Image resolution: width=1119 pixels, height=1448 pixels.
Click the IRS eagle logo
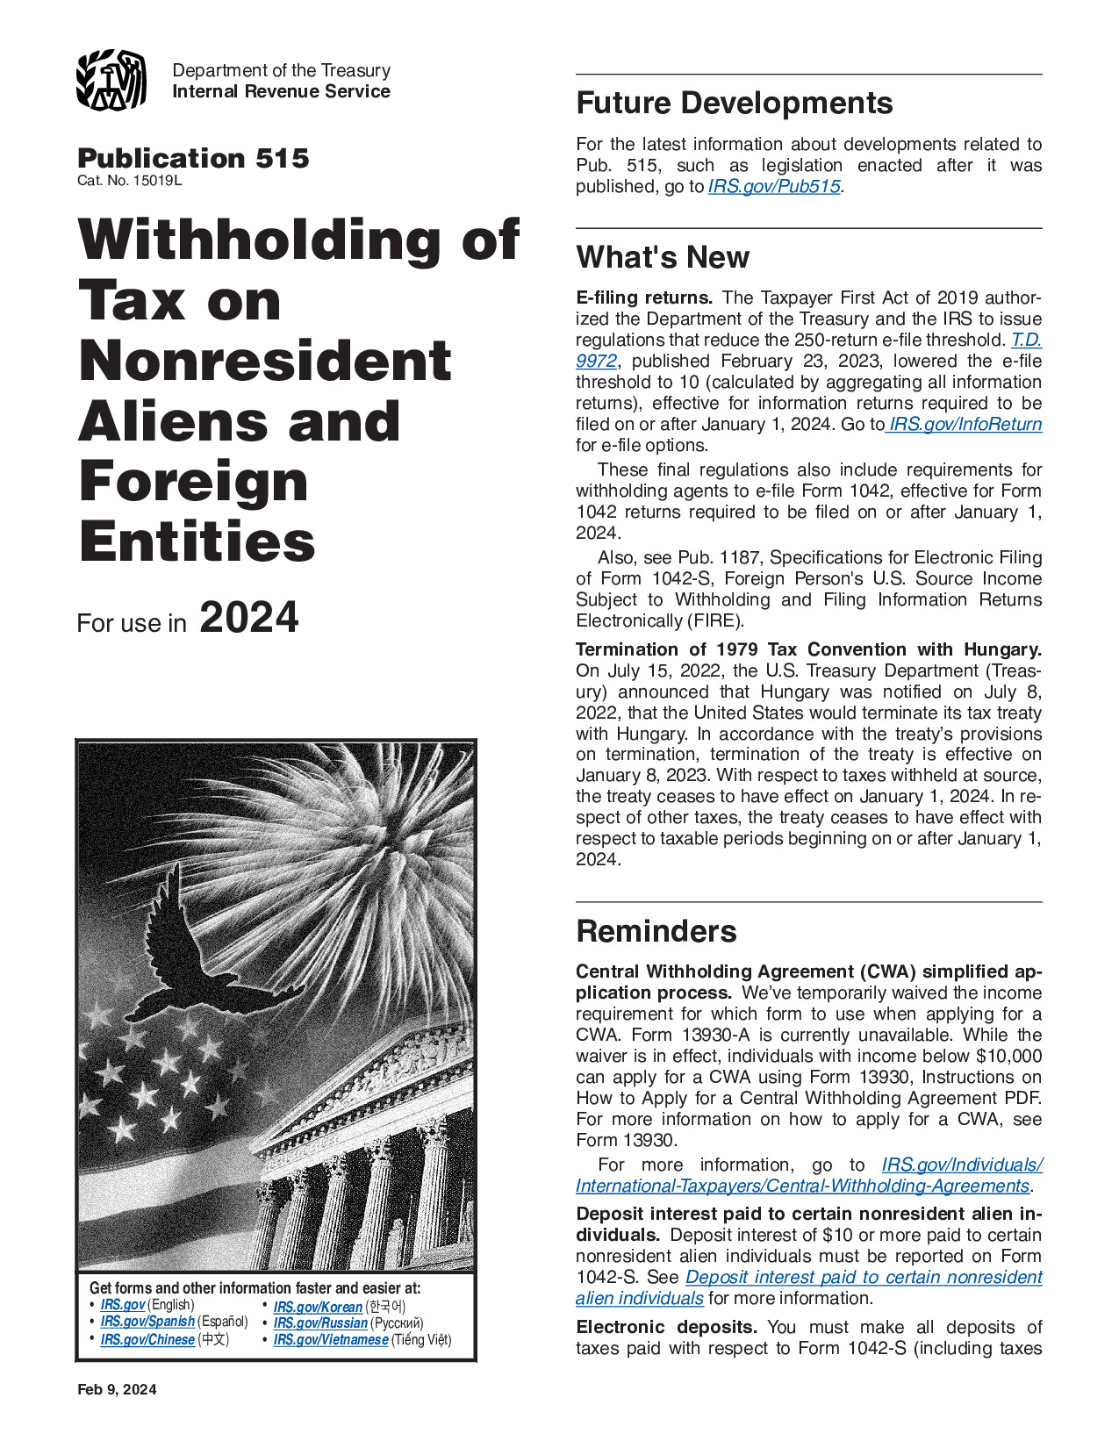coord(111,81)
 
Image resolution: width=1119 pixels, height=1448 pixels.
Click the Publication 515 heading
coord(193,158)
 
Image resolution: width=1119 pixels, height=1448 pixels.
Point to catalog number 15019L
coord(130,181)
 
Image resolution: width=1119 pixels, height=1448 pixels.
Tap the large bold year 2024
coord(249,617)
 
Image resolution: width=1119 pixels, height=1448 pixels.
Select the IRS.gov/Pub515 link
coord(774,187)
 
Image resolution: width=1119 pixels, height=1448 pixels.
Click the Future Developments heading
coord(734,104)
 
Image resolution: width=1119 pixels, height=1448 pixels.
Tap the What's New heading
coord(663,257)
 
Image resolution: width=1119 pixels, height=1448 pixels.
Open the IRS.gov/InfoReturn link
coord(965,425)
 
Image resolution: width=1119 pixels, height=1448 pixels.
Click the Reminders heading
coord(656,931)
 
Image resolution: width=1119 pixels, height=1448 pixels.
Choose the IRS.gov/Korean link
coord(318,1307)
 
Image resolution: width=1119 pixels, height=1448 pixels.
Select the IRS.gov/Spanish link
coord(147,1322)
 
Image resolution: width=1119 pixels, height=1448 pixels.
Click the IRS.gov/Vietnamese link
coord(331,1340)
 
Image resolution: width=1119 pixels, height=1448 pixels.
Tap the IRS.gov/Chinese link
coord(147,1340)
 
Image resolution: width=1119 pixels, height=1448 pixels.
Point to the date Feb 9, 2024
coord(117,1389)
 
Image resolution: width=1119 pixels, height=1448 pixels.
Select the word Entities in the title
coord(197,541)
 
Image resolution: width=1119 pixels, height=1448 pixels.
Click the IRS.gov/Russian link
coord(320,1323)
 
